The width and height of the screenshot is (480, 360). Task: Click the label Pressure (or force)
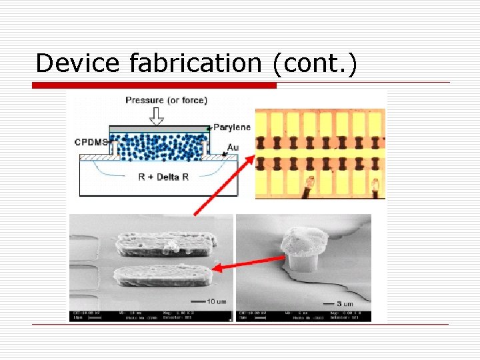pyautogui.click(x=165, y=101)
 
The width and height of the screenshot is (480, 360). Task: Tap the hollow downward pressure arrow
pyautogui.click(x=157, y=117)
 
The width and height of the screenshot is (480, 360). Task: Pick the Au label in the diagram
pyautogui.click(x=233, y=147)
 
